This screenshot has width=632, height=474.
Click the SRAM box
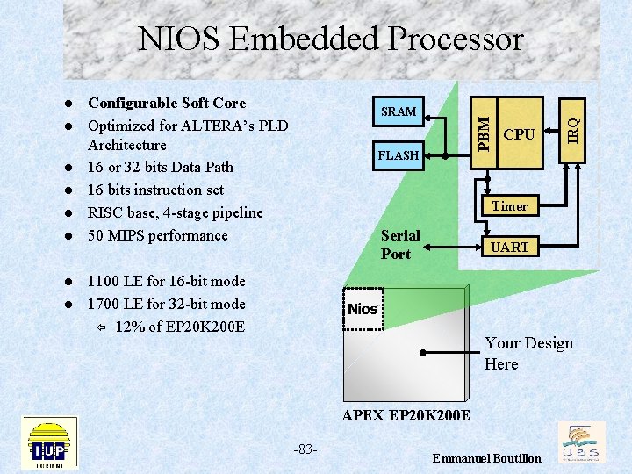point(399,111)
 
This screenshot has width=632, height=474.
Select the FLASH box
point(399,155)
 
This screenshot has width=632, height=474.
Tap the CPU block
point(519,134)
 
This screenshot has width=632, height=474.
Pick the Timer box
point(510,206)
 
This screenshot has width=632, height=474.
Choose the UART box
point(510,248)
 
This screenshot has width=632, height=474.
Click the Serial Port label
point(400,245)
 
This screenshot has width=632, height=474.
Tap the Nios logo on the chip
point(363,309)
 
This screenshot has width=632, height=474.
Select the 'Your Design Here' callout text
point(528,354)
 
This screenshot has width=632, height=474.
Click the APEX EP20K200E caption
point(406,414)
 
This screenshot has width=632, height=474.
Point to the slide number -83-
point(305,449)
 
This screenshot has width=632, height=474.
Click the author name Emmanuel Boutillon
point(487,459)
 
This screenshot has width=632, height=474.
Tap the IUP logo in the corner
point(49,442)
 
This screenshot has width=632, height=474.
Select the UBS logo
point(580,442)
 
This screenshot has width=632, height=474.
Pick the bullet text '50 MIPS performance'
point(157,235)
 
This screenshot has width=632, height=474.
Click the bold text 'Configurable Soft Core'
point(167,104)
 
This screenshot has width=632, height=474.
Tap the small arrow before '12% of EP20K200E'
point(101,327)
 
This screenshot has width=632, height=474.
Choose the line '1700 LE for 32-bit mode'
point(166,304)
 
